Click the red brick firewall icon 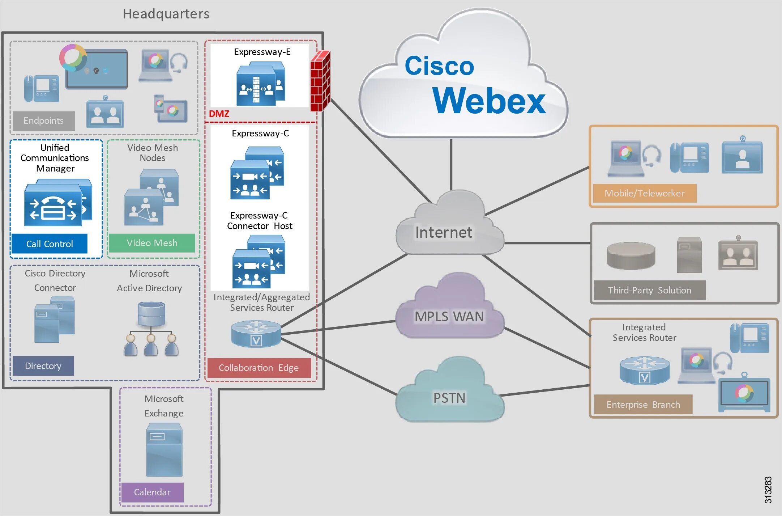(x=320, y=81)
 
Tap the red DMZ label (x=219, y=114)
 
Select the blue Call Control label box (x=49, y=244)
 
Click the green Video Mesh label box (x=152, y=243)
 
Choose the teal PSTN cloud (x=449, y=396)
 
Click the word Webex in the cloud (x=488, y=101)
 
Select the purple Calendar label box (x=152, y=492)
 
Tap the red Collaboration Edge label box (x=259, y=368)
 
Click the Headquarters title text (x=166, y=14)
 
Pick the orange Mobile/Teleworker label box (x=644, y=193)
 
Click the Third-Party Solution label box (x=649, y=290)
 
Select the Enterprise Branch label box (x=643, y=405)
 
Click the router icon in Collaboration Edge (x=256, y=333)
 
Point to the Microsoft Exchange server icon (x=164, y=450)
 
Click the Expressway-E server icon (x=261, y=84)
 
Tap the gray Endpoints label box (x=43, y=121)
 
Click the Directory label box (x=43, y=366)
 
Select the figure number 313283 (x=768, y=490)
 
